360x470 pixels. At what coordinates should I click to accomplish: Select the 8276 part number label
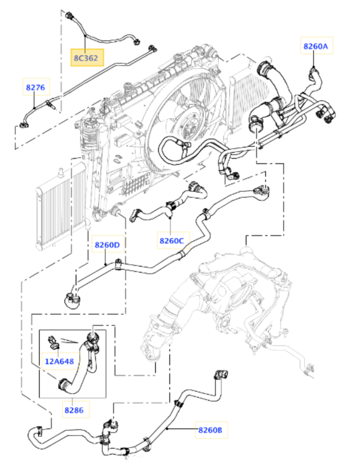coord(36,87)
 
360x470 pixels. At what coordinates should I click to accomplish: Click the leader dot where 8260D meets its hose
coord(105,264)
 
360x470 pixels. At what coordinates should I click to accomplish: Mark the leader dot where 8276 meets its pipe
coord(34,108)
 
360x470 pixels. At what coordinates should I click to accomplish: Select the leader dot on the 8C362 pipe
coord(85,36)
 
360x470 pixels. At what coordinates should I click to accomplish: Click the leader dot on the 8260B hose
coord(167,428)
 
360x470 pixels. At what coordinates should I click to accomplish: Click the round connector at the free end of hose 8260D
coord(72,300)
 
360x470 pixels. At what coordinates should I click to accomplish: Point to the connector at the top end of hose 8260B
coord(221,375)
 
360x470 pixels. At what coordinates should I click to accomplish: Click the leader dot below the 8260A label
coord(314,67)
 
